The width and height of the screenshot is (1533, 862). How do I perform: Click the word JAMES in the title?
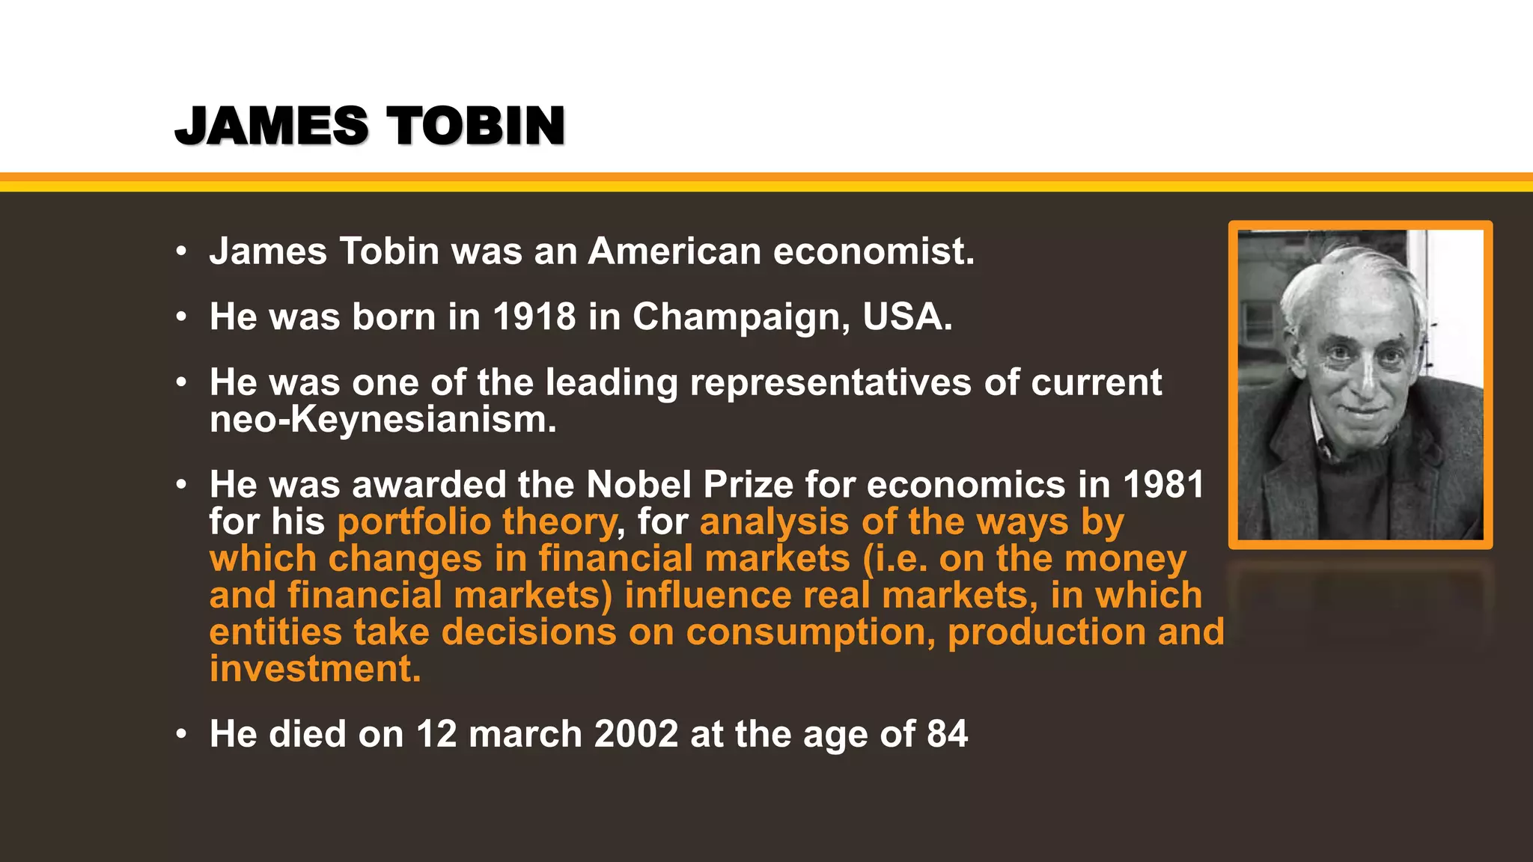point(272,126)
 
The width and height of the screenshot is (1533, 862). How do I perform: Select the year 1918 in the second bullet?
point(534,317)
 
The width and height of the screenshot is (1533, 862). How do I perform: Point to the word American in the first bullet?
point(674,251)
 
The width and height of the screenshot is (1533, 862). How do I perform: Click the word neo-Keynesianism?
point(383,420)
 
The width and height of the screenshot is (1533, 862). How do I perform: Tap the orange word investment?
point(314,669)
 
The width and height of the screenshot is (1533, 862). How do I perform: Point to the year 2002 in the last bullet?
point(636,734)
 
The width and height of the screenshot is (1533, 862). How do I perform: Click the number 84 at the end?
point(947,734)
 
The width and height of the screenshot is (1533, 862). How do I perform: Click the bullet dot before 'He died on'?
point(180,735)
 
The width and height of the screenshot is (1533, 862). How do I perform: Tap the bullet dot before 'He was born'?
point(180,317)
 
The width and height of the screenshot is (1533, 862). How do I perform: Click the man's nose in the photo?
point(1364,374)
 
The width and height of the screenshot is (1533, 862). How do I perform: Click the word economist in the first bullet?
point(874,251)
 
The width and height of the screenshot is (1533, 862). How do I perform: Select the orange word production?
point(1046,632)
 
